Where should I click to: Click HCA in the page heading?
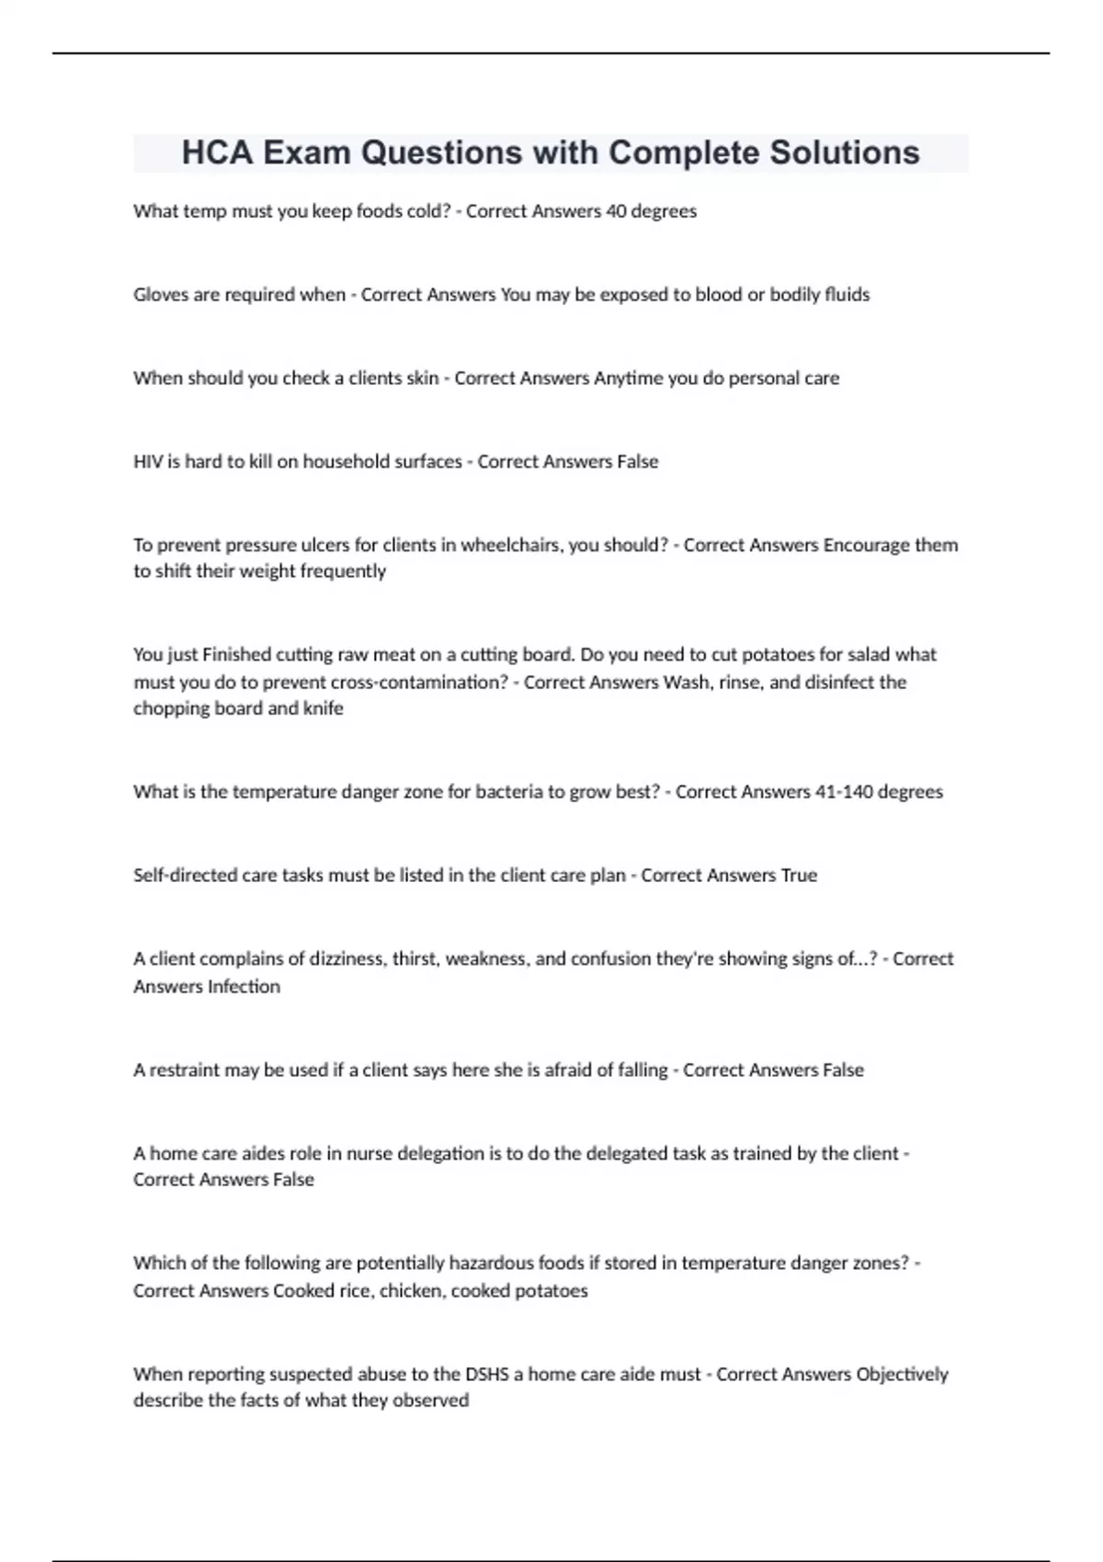[x=217, y=153]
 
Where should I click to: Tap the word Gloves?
[x=161, y=295]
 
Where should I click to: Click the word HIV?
[x=147, y=461]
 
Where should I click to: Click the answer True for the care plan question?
[x=799, y=876]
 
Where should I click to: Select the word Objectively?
[x=902, y=1375]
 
